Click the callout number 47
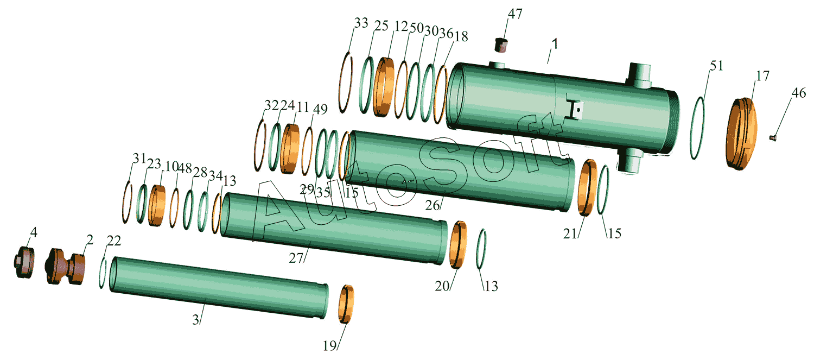point(515,14)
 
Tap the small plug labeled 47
point(501,45)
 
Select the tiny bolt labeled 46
point(773,138)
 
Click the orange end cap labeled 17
point(742,134)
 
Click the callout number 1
point(555,44)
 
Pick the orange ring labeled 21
point(587,188)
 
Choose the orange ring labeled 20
point(458,244)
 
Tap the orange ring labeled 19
point(346,304)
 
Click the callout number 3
point(195,320)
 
